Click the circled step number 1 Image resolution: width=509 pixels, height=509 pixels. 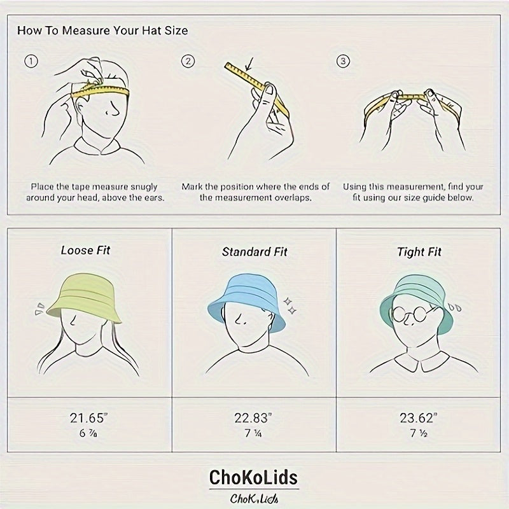31,61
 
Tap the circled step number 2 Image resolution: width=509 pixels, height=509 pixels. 188,61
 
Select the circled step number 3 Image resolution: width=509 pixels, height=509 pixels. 343,61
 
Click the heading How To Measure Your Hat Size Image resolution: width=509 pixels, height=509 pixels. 102,31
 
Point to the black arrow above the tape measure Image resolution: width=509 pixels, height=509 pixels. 249,64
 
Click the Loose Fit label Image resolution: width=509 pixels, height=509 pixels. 85,250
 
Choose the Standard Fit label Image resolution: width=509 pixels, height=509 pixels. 254,252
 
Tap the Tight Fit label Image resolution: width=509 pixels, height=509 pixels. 419,252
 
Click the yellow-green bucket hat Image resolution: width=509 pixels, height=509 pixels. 84,298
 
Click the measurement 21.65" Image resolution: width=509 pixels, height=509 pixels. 88,418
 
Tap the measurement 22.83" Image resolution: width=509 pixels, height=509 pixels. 253,418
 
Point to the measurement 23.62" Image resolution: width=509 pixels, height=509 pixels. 419,418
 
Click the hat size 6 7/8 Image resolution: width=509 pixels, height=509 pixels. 88,433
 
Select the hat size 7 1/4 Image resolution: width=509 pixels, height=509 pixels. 253,433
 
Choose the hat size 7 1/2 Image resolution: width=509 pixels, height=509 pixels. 419,433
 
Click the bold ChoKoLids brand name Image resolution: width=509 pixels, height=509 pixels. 253,477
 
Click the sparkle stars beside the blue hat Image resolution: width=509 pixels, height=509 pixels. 290,306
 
